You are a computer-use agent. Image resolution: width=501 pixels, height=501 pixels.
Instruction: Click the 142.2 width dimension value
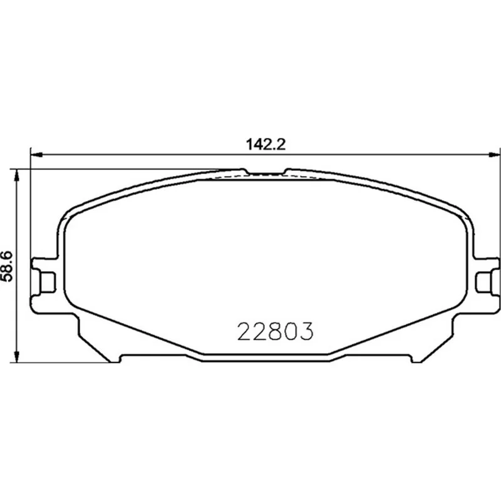pyautogui.click(x=266, y=145)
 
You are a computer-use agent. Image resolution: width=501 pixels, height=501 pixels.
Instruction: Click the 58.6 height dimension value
pyautogui.click(x=7, y=266)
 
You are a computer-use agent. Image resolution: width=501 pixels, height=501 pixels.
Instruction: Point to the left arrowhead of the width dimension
pyautogui.click(x=36, y=155)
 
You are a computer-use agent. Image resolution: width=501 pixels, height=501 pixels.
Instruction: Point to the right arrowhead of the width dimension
pyautogui.click(x=495, y=155)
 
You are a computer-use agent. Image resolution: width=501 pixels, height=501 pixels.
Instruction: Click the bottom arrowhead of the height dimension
pyautogui.click(x=16, y=356)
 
